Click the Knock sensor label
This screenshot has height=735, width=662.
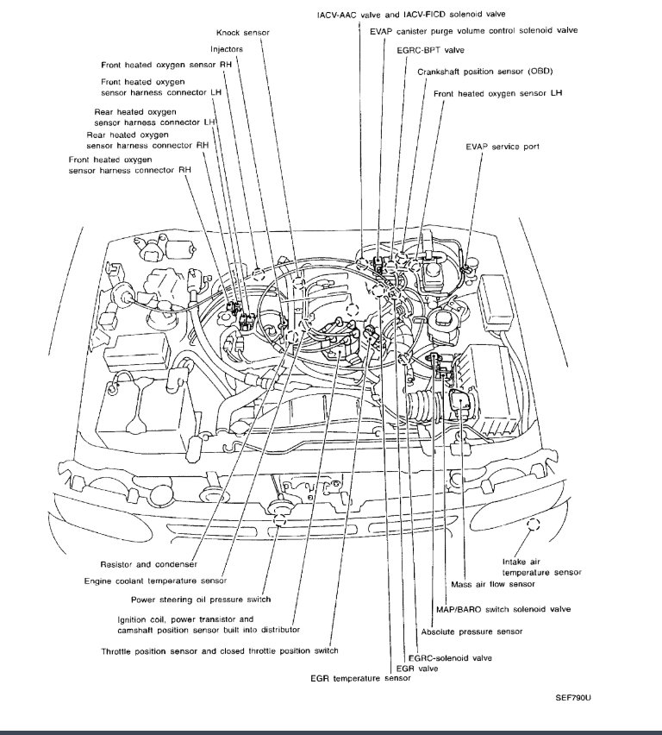pyautogui.click(x=242, y=32)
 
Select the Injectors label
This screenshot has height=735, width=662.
pyautogui.click(x=227, y=49)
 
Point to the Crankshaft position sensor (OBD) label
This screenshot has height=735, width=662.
pyautogui.click(x=473, y=72)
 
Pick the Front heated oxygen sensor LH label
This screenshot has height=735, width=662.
pyautogui.click(x=497, y=92)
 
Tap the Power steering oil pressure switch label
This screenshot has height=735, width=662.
pyautogui.click(x=201, y=600)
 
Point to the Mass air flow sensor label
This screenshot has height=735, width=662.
pyautogui.click(x=487, y=583)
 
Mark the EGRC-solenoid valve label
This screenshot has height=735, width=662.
pyautogui.click(x=450, y=657)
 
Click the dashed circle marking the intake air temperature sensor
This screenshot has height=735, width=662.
pyautogui.click(x=534, y=525)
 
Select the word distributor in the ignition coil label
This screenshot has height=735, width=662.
pyautogui.click(x=272, y=630)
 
